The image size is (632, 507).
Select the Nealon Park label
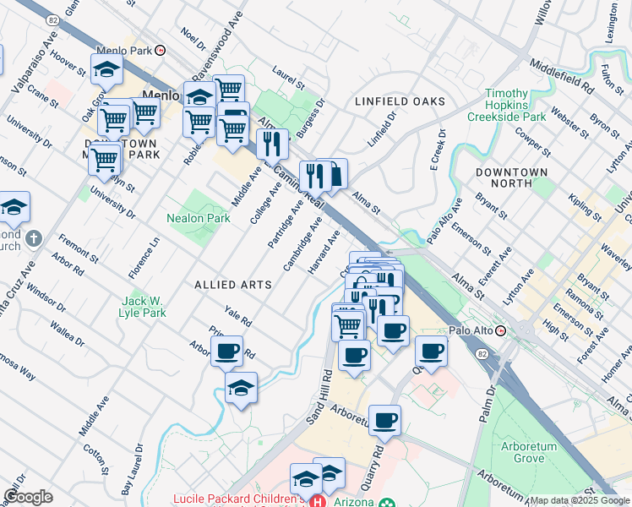[199, 218]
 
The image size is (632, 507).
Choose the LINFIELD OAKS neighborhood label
[400, 101]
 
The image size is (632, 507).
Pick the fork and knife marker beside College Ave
[272, 143]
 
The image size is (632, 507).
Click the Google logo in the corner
[28, 497]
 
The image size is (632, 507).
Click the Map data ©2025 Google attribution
[579, 500]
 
